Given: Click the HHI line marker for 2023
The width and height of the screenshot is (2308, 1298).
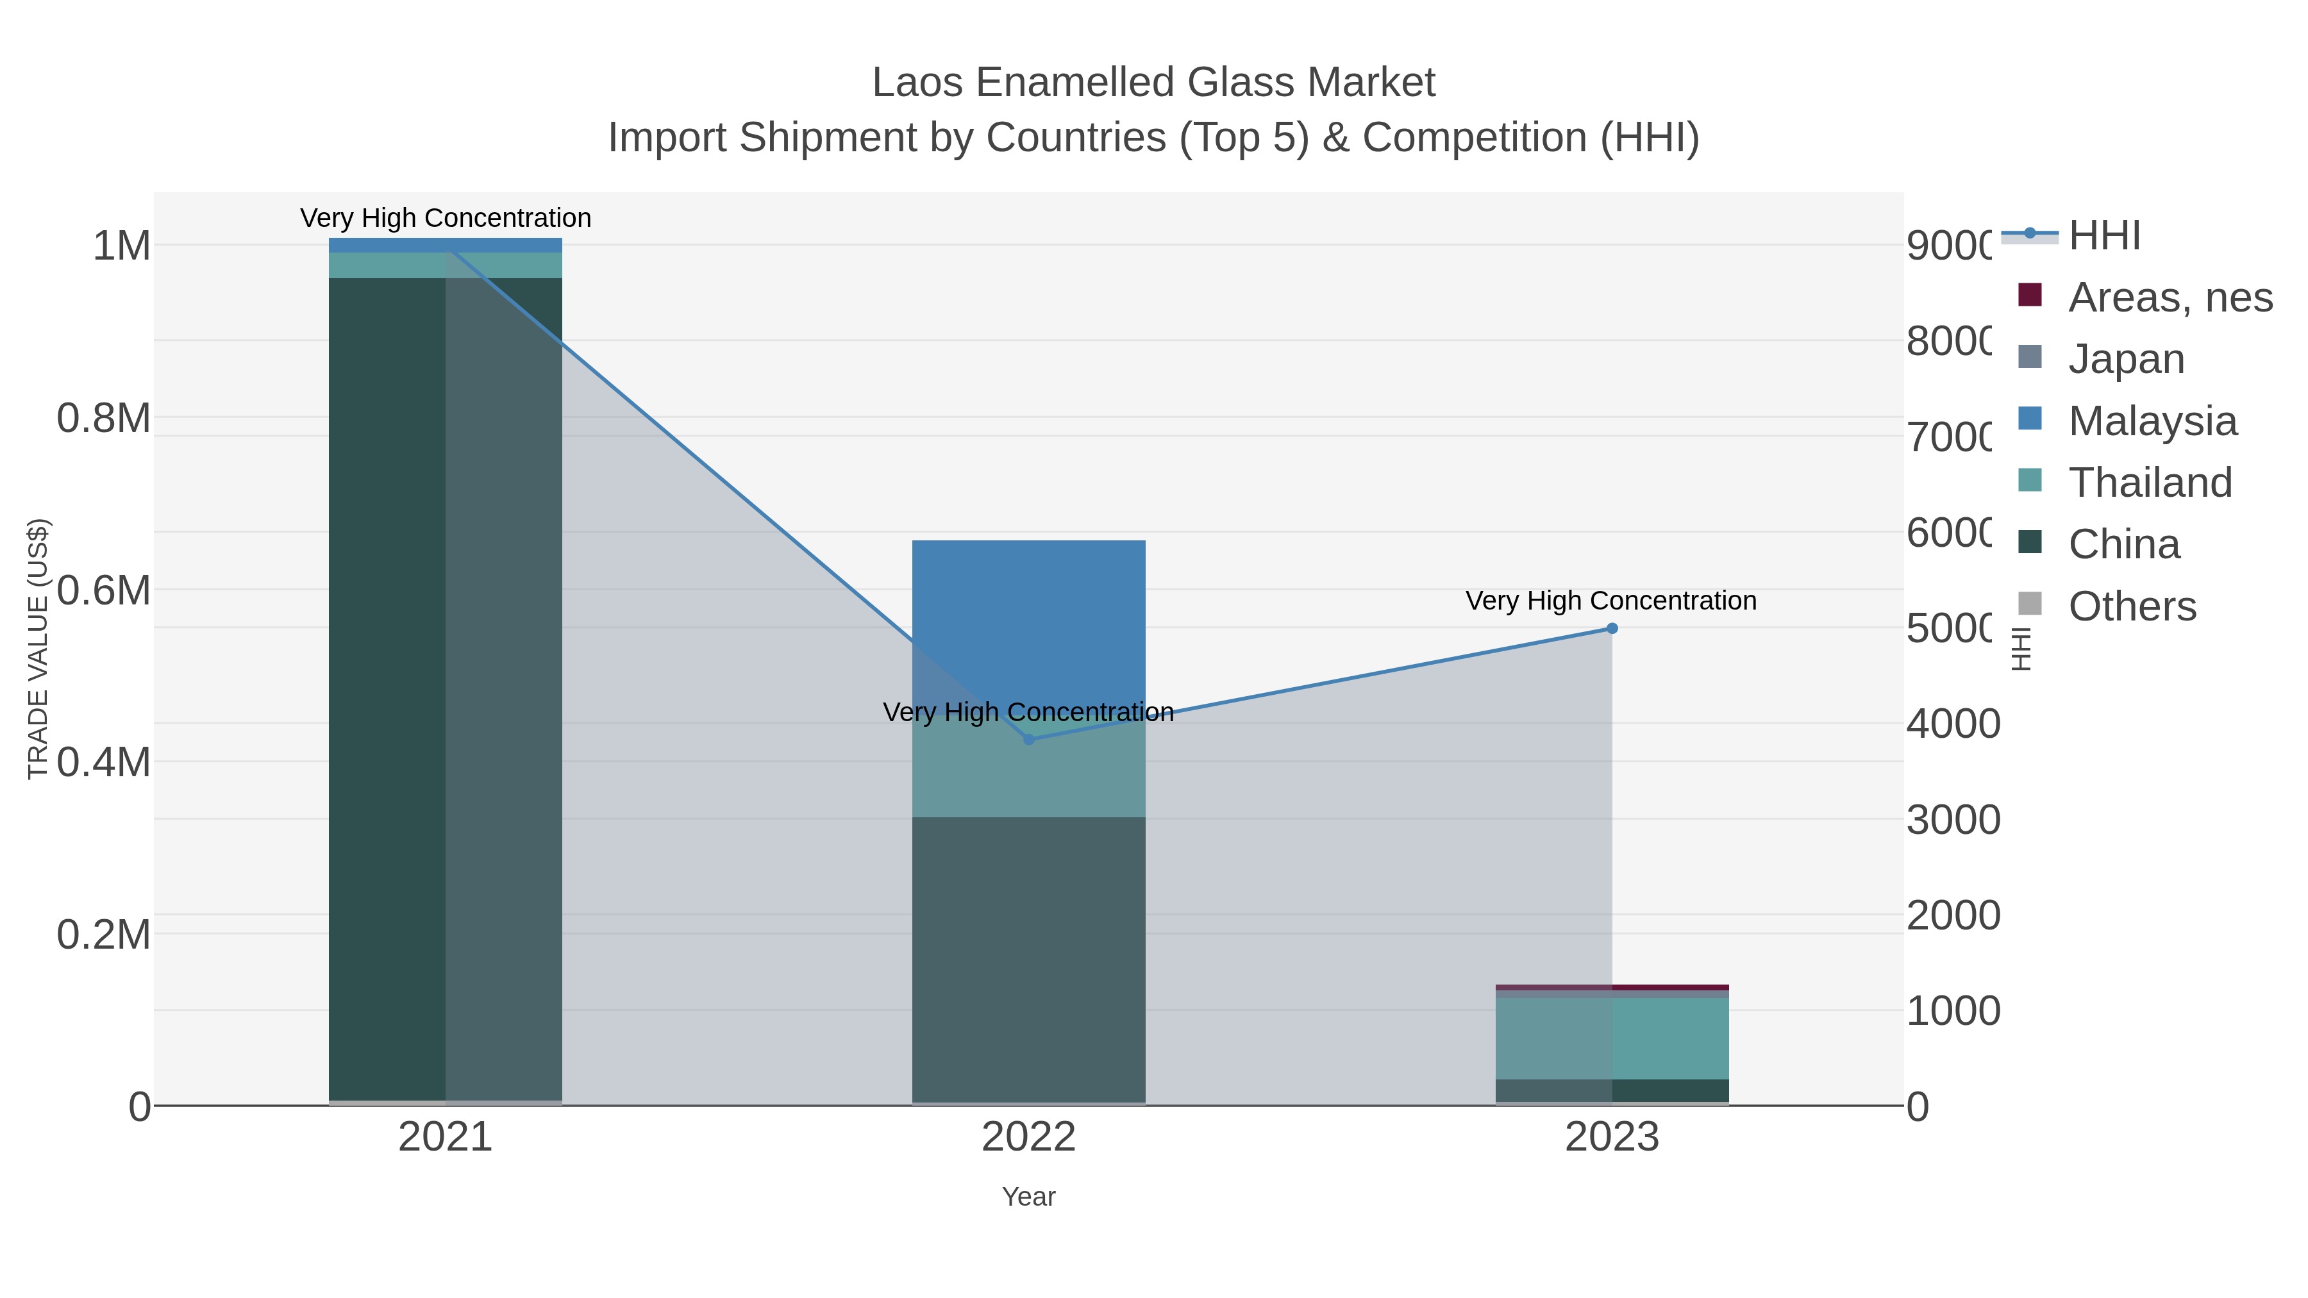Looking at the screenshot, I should tap(1612, 629).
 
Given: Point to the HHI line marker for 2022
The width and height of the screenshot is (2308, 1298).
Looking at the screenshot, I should tap(1028, 740).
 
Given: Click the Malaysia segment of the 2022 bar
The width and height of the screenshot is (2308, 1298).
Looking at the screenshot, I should tap(1028, 618).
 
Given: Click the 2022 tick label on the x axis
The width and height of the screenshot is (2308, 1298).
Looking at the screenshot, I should tap(1028, 1138).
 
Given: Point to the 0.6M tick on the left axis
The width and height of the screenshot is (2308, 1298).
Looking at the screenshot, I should tap(103, 590).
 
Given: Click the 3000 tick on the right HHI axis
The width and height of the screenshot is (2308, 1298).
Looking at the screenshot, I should tap(1952, 820).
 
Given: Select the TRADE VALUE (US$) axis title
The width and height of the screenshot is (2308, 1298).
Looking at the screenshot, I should tap(38, 649).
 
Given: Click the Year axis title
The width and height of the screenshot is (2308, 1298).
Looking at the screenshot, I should tap(1028, 1197).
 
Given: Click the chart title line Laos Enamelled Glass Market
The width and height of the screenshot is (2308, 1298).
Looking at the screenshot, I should tap(1153, 83).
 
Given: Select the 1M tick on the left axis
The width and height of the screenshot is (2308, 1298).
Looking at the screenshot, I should tap(121, 245).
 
